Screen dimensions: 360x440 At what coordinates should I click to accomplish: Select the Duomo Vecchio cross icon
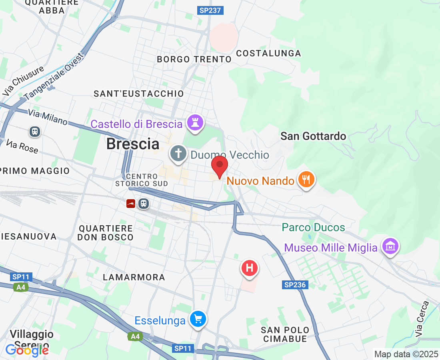(x=178, y=154)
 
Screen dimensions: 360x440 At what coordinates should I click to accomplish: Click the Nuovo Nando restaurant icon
(x=306, y=180)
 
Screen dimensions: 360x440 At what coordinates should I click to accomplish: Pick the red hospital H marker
(x=249, y=267)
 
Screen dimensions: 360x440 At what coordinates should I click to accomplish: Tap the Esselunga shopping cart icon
(x=198, y=319)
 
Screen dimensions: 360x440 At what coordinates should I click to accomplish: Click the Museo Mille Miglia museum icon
(x=390, y=246)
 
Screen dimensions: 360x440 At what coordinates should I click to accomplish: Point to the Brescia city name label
(x=133, y=144)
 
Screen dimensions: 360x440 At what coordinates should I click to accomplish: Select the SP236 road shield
(x=295, y=285)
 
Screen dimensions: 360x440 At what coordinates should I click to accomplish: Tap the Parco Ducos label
(x=313, y=228)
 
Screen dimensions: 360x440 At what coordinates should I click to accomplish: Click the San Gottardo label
(x=313, y=136)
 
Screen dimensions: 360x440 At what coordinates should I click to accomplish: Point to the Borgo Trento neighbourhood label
(x=194, y=59)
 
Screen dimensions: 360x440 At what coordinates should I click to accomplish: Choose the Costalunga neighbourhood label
(x=268, y=53)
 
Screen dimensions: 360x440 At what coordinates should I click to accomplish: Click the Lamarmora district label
(x=134, y=277)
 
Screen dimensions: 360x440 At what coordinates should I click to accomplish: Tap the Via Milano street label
(x=48, y=117)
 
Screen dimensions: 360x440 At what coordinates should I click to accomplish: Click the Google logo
(x=27, y=350)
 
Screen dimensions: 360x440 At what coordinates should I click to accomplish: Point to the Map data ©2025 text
(x=406, y=354)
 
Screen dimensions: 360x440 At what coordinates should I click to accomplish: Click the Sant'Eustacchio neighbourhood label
(x=139, y=94)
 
